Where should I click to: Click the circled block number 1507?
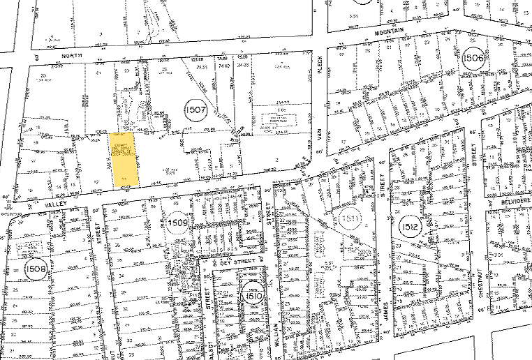click(195, 110)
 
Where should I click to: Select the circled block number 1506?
click(473, 58)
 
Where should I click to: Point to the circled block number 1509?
click(178, 223)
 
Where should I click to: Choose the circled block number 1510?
click(251, 296)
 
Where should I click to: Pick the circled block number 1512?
click(410, 227)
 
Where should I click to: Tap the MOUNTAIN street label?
click(390, 32)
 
